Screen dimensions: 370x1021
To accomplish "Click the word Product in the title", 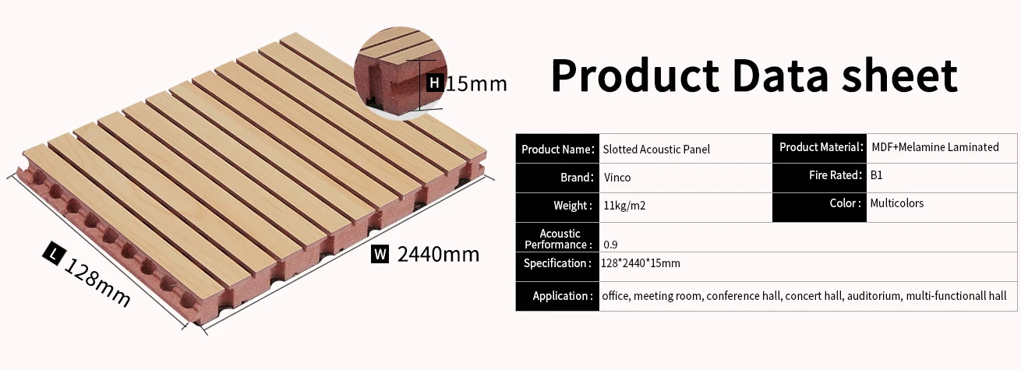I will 634,76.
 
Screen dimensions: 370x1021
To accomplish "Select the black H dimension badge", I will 435,82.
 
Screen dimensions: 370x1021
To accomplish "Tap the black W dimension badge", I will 380,254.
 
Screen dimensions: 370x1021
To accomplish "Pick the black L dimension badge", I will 53,252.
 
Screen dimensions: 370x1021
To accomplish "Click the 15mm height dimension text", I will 475,83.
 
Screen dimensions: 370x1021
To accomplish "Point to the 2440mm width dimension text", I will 438,254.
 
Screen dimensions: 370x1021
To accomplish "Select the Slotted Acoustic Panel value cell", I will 656,149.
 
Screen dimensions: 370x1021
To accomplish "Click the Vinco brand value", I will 617,178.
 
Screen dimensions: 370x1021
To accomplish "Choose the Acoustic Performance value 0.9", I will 610,245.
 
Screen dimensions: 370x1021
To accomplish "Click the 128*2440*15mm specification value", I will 641,263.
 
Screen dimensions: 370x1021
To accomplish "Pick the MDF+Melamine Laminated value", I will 934,147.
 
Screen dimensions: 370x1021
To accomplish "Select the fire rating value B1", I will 877,175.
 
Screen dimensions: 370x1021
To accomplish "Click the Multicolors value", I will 897,203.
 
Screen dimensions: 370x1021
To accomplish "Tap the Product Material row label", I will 820,147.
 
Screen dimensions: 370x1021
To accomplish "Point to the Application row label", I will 560,296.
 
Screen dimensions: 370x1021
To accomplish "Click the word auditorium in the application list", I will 874,296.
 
